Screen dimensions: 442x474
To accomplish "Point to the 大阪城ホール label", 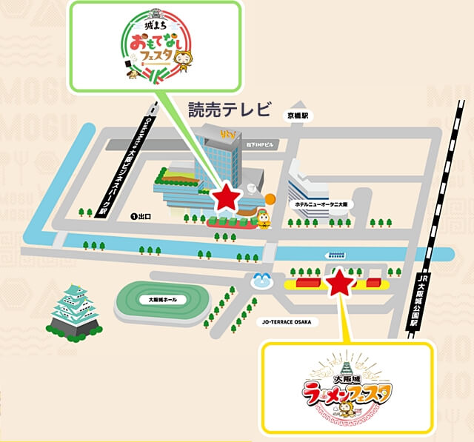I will tap(157, 301).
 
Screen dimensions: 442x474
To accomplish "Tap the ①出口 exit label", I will tap(140, 217).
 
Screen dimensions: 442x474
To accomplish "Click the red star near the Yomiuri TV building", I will tap(226, 197).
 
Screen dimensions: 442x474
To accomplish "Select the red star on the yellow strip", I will tap(339, 281).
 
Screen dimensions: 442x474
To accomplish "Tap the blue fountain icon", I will tap(260, 279).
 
